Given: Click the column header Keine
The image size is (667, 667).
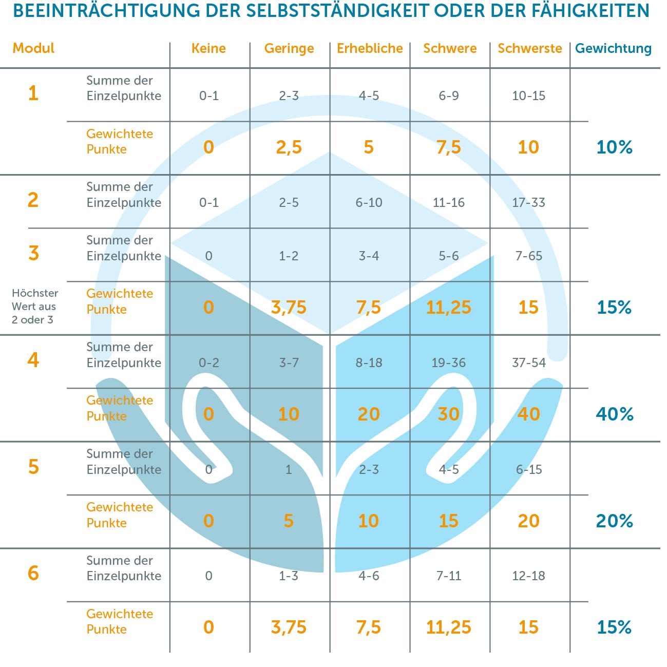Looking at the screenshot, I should (x=208, y=48).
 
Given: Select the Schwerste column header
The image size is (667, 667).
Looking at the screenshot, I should (x=529, y=48).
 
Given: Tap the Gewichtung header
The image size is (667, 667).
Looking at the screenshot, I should (x=613, y=48).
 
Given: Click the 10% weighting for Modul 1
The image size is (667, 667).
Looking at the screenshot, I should (x=614, y=147).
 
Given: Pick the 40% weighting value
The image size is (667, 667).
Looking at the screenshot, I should (x=614, y=414).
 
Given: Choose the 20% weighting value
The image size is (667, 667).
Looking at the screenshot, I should (x=614, y=521).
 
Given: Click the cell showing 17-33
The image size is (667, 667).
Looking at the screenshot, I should (x=528, y=202).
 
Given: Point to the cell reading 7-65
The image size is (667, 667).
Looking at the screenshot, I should (x=528, y=256).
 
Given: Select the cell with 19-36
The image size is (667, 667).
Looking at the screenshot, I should (x=448, y=363).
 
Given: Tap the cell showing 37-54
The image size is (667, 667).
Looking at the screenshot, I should (x=528, y=363).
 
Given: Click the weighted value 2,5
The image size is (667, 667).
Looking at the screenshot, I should (x=289, y=147).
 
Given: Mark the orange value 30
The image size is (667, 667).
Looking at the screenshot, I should (x=448, y=414).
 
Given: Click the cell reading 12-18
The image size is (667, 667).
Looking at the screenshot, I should (x=528, y=576).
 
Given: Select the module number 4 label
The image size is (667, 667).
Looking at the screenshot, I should (x=33, y=359).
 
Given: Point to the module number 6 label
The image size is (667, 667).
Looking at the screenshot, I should (x=33, y=573).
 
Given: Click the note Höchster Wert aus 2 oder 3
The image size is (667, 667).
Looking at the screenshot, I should (x=34, y=306).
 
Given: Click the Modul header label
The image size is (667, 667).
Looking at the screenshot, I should (x=33, y=48).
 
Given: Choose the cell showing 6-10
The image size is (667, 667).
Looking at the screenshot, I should (x=369, y=202).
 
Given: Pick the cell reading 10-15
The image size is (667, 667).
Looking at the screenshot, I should (x=528, y=96).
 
